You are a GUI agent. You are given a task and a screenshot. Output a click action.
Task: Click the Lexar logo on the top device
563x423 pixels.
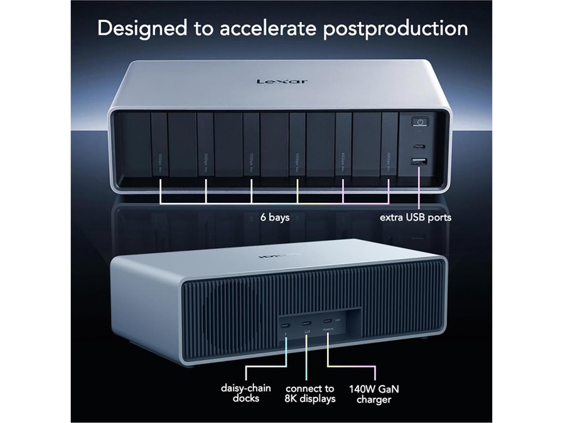282,81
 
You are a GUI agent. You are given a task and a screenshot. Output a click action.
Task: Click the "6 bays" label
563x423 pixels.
274,217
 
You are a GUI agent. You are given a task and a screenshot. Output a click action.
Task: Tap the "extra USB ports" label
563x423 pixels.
415,217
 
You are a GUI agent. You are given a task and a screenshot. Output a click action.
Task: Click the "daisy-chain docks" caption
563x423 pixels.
246,393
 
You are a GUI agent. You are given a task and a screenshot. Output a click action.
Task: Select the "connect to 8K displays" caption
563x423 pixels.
310,393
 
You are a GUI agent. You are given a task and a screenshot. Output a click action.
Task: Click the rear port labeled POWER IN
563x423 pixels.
327,321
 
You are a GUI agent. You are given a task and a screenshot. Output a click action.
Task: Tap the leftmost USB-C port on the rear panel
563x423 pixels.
285,327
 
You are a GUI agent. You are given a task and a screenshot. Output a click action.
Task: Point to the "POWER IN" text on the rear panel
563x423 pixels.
327,329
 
